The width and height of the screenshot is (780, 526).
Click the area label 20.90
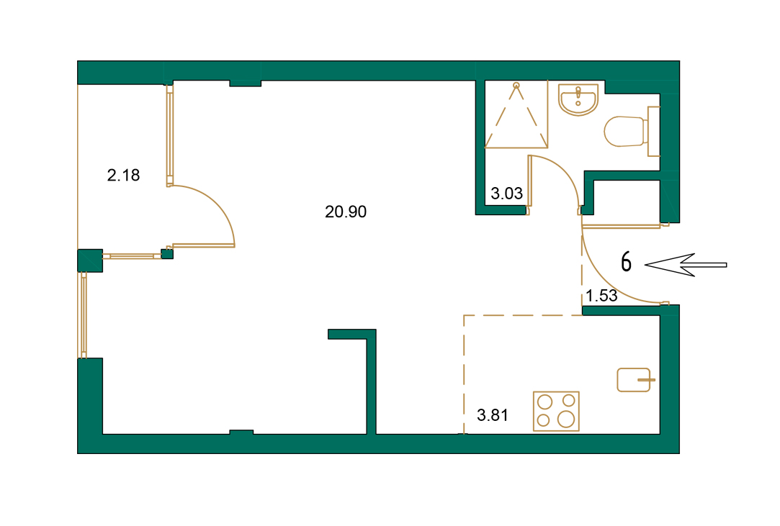pyautogui.click(x=346, y=212)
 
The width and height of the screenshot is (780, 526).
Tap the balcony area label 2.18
pyautogui.click(x=123, y=175)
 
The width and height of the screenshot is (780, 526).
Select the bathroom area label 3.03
pyautogui.click(x=506, y=194)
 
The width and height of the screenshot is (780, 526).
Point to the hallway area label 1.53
pyautogui.click(x=601, y=296)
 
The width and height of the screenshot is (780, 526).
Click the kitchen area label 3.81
pyautogui.click(x=493, y=414)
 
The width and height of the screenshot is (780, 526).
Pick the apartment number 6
pyautogui.click(x=627, y=263)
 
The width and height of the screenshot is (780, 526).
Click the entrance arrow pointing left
pyautogui.click(x=684, y=265)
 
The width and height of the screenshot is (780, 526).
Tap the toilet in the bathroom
pyautogui.click(x=625, y=131)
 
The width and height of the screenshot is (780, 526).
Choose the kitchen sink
pyautogui.click(x=634, y=379)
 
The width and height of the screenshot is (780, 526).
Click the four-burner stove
pyautogui.click(x=555, y=411)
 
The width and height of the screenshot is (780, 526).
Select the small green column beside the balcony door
pyautogui.click(x=167, y=253)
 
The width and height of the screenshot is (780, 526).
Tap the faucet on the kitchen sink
pyautogui.click(x=645, y=378)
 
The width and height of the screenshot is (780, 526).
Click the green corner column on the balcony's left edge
pyautogui.click(x=90, y=260)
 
